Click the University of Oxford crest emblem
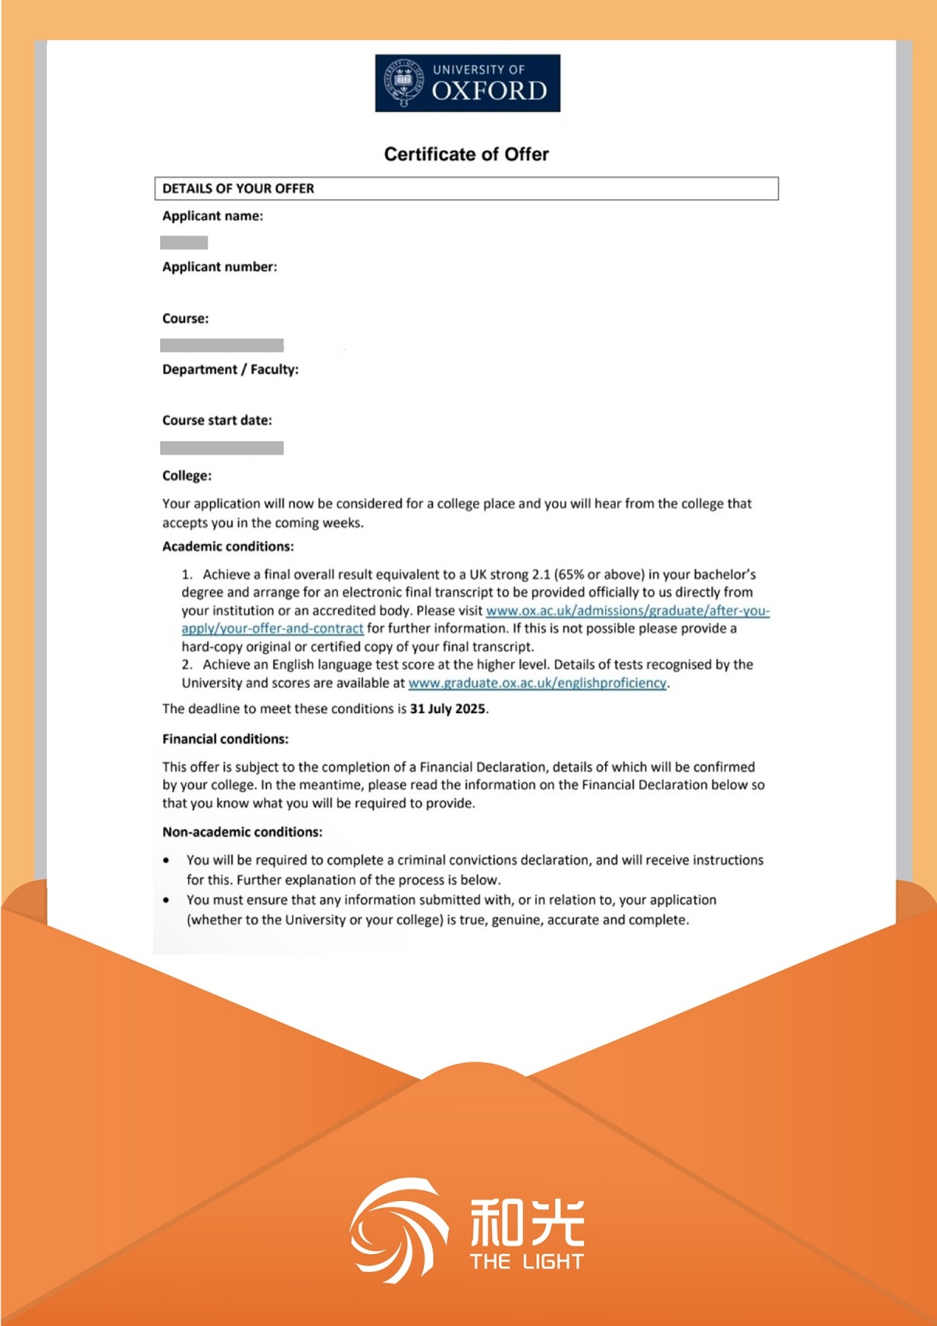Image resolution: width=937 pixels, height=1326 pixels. click(403, 82)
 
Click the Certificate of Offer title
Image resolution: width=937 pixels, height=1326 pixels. click(466, 154)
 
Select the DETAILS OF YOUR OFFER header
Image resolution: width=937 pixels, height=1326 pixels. click(238, 188)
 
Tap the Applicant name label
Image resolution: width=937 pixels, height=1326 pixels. click(212, 216)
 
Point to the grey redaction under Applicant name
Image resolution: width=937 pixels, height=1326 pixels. click(184, 243)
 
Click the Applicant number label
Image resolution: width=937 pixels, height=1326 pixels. click(219, 267)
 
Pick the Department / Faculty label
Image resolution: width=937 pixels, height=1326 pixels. click(230, 369)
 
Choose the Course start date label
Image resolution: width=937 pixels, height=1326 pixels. click(217, 420)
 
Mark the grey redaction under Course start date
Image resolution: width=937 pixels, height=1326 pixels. click(222, 448)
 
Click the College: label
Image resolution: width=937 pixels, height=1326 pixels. click(187, 476)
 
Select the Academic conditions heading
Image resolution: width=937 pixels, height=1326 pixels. click(228, 547)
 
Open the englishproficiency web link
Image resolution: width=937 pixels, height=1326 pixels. click(537, 683)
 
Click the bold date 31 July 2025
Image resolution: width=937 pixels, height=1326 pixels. click(447, 709)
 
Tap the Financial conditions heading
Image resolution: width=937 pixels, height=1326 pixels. click(225, 739)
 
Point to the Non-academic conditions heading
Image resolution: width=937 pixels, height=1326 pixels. click(242, 832)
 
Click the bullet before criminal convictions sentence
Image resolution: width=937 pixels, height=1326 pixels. click(166, 861)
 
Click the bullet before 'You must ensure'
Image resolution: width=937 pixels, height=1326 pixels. click(166, 900)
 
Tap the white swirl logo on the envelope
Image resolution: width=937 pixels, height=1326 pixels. click(398, 1230)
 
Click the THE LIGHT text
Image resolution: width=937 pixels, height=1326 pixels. click(527, 1262)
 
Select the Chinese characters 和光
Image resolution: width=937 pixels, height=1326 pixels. click(527, 1222)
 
